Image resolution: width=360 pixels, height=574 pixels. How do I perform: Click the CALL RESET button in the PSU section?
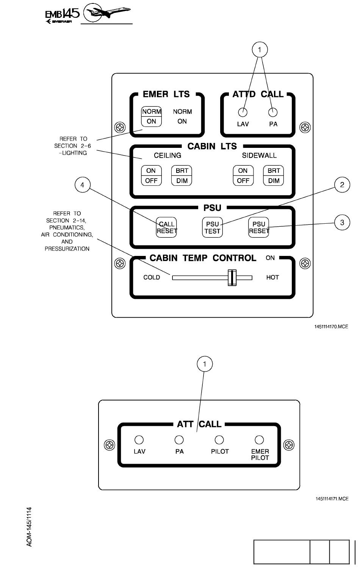[167, 228]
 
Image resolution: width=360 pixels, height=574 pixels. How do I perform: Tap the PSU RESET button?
[259, 228]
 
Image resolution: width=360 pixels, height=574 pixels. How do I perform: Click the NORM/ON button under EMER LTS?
[152, 116]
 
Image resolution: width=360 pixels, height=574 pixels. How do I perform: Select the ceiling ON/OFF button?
[151, 176]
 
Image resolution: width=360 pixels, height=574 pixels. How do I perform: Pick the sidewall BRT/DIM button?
[274, 176]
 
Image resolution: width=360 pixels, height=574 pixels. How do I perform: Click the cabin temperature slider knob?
[232, 278]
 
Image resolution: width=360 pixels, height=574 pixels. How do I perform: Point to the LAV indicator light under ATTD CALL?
[243, 112]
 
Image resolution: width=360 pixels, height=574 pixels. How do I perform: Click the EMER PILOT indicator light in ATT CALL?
[259, 440]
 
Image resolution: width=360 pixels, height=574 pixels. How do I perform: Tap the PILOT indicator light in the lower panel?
[219, 440]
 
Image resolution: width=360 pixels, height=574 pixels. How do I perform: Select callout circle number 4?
[82, 185]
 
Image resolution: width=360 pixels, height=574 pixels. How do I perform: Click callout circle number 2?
[342, 185]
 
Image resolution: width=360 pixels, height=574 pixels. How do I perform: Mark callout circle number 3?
[342, 223]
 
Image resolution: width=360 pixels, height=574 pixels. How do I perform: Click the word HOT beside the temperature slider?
[272, 278]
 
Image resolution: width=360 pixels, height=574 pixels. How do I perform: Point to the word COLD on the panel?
[152, 278]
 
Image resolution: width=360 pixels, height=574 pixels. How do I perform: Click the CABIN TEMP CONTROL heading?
[203, 258]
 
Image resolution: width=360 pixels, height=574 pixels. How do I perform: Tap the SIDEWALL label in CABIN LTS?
[259, 155]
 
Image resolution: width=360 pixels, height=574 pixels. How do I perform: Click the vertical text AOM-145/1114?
[30, 527]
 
